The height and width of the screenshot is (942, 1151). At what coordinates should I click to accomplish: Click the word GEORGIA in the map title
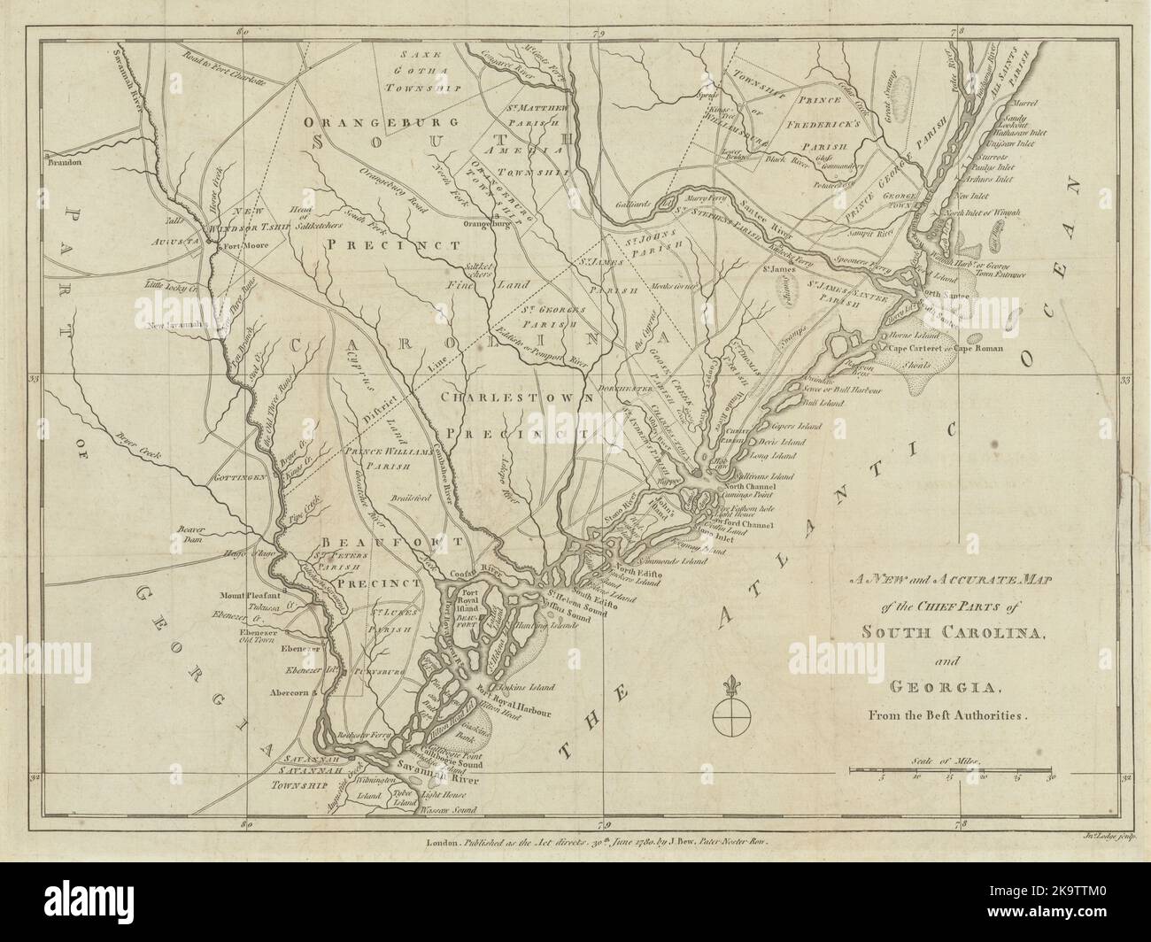(x=942, y=688)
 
